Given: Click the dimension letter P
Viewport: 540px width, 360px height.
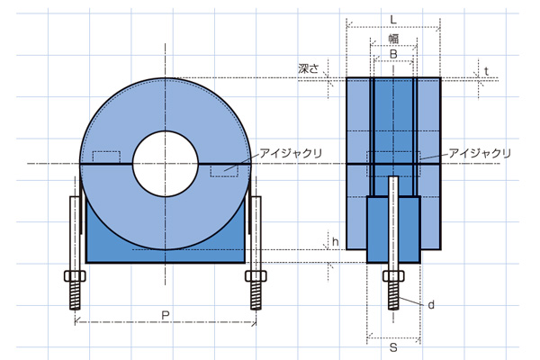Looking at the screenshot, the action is (x=166, y=315).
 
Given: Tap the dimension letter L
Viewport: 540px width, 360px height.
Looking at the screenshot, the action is (x=393, y=20).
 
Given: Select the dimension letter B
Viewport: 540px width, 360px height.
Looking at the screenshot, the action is (x=393, y=54).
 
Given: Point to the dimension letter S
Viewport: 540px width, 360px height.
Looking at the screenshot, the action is (x=393, y=347).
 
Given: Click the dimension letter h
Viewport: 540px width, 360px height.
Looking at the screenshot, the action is (x=336, y=242).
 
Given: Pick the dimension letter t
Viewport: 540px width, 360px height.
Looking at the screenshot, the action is (x=486, y=71).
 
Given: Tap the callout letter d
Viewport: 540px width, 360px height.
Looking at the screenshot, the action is (x=431, y=304).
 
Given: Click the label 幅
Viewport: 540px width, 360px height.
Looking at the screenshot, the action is (x=393, y=39).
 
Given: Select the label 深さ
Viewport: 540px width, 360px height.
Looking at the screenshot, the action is (x=309, y=68).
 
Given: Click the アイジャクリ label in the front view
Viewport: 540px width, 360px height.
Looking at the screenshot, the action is (x=291, y=153).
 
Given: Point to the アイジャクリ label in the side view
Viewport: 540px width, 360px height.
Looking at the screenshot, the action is (x=480, y=153).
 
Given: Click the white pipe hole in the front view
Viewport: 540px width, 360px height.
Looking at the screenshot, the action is (x=166, y=164).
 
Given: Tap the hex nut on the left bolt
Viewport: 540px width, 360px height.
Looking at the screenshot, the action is (x=75, y=276).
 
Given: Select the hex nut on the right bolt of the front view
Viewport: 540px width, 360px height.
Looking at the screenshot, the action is (x=256, y=276).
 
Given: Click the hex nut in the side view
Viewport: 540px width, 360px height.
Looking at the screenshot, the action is (x=393, y=276).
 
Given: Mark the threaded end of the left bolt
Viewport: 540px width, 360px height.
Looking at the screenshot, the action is (x=75, y=295).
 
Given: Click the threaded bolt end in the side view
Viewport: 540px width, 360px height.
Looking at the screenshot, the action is (x=393, y=295).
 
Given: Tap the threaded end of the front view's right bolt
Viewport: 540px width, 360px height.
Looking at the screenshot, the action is (x=256, y=295).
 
